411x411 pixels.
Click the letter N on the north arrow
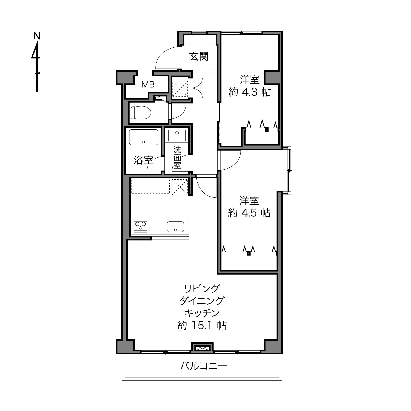pyautogui.click(x=37, y=36)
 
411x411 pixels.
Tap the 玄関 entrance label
pyautogui.click(x=199, y=56)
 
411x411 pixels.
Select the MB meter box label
pyautogui.click(x=148, y=85)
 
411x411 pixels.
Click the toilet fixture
pyautogui.click(x=141, y=112)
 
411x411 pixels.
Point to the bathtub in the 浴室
pyautogui.click(x=143, y=137)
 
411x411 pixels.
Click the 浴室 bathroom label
pyautogui.click(x=143, y=160)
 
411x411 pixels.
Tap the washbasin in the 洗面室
pyautogui.click(x=177, y=135)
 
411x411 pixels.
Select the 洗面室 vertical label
pyautogui.click(x=177, y=157)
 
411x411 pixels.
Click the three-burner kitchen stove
pyautogui.click(x=141, y=227)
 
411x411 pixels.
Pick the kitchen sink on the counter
pyautogui.click(x=175, y=227)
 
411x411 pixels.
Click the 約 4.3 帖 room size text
pyautogui.click(x=250, y=92)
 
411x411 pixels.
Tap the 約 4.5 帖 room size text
pyautogui.click(x=249, y=213)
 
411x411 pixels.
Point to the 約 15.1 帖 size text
pyautogui.click(x=202, y=325)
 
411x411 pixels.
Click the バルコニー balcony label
pyautogui.click(x=203, y=366)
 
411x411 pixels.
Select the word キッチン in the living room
pyautogui.click(x=202, y=313)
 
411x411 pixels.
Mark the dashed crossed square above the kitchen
pyautogui.click(x=180, y=187)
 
